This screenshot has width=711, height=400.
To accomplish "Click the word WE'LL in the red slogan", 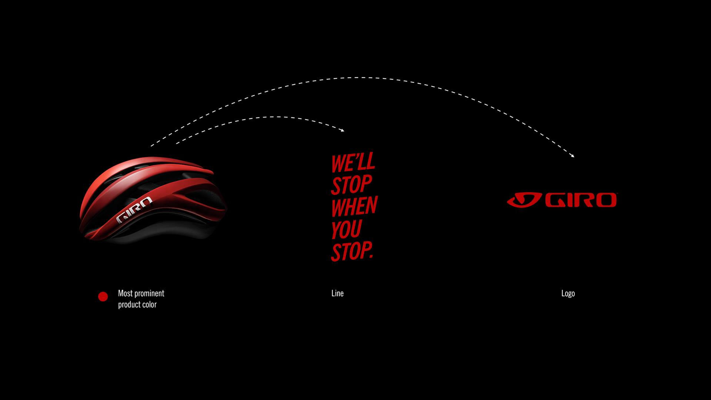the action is [x=353, y=163].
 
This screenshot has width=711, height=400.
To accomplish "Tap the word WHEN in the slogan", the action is [x=354, y=207].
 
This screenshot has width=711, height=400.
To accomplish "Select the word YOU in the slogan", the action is [x=346, y=230].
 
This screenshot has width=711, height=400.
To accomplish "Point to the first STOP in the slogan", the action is [x=351, y=184].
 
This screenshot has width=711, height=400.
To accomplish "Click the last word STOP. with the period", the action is [x=352, y=251].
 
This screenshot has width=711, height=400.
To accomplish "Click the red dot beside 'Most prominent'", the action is [x=103, y=297].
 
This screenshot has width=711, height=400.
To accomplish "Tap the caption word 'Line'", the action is [x=337, y=293].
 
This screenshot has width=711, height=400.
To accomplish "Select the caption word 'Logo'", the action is [x=568, y=294].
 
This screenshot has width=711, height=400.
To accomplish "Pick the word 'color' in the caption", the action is [x=148, y=304].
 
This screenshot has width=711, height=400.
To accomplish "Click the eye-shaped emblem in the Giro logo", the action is [x=524, y=200].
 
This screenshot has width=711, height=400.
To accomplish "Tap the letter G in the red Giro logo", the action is [x=555, y=200].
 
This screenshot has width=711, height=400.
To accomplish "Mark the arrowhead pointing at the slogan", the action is [x=343, y=130].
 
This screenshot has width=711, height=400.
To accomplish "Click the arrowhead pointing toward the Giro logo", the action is [x=573, y=156].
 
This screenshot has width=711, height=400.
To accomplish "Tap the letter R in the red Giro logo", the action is [x=584, y=200].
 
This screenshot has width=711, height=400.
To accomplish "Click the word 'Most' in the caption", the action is [x=125, y=293].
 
